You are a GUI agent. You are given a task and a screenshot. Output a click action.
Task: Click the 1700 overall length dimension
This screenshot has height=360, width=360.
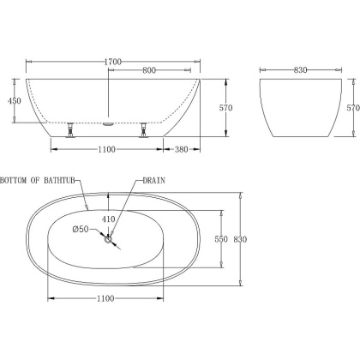(x=113, y=62)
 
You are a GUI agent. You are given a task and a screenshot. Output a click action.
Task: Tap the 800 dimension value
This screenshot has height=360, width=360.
(x=149, y=70)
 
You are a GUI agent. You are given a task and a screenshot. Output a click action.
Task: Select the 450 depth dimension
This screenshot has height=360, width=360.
(x=15, y=101)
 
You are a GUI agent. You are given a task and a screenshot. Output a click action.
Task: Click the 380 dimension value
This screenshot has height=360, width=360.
(x=181, y=149)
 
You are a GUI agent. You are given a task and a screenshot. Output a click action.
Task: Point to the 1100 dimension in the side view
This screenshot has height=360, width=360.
(x=106, y=149)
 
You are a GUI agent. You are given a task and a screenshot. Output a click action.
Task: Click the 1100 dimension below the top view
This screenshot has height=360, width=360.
(x=105, y=298)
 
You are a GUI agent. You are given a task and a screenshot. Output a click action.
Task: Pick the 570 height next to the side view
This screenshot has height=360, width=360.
(x=225, y=108)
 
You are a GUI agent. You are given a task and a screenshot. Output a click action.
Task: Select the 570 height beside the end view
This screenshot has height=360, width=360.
(x=353, y=108)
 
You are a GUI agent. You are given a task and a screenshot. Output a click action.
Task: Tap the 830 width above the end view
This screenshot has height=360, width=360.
(x=300, y=70)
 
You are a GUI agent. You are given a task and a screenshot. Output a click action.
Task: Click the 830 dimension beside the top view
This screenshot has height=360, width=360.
(x=240, y=239)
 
